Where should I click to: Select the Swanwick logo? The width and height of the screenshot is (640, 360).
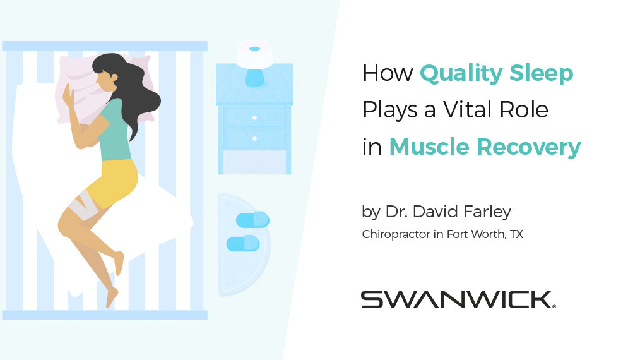pyautogui.click(x=458, y=299)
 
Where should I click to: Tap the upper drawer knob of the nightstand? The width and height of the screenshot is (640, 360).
pyautogui.click(x=254, y=117)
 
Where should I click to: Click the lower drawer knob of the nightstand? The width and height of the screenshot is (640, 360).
pyautogui.click(x=254, y=138)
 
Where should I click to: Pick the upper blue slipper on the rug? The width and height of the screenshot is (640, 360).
pyautogui.click(x=252, y=220)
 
